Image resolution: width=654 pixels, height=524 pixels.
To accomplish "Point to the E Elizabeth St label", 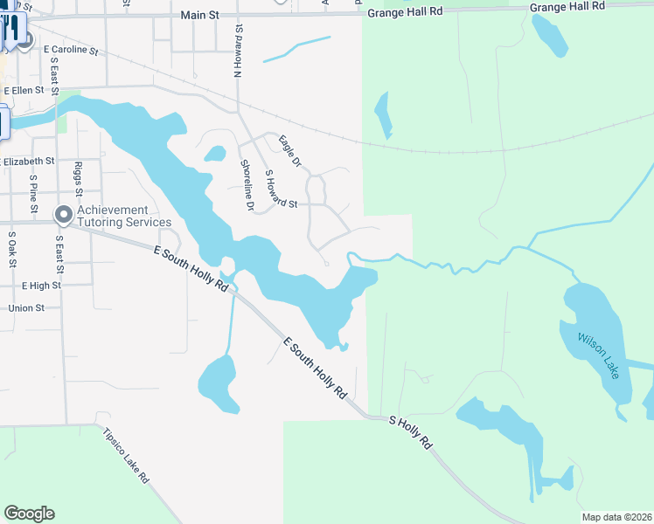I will (x=28, y=162).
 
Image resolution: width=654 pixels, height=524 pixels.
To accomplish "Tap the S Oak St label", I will (x=11, y=248).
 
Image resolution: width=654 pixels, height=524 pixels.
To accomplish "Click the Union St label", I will (x=26, y=308).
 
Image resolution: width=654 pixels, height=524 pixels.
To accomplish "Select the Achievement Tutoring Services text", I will (x=124, y=216).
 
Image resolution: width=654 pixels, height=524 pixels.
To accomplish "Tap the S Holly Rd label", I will (x=410, y=431).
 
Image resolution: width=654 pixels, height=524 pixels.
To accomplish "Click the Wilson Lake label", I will (x=598, y=354).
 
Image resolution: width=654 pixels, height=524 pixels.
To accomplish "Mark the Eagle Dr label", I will (x=289, y=150).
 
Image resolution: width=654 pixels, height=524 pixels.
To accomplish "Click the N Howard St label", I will (x=236, y=52).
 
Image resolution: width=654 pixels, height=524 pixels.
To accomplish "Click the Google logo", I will (x=29, y=514).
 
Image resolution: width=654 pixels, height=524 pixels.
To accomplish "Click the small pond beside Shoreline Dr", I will (x=214, y=155).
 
